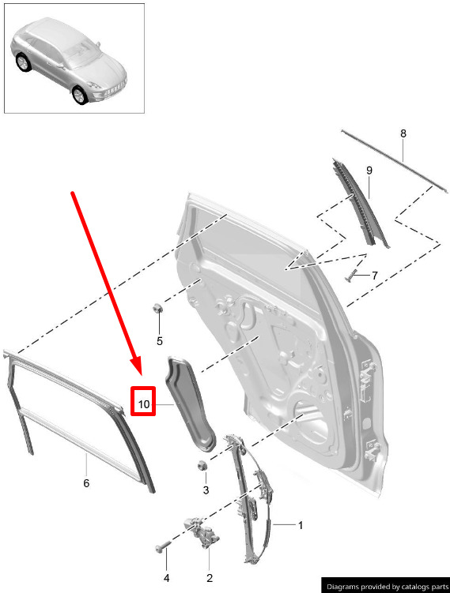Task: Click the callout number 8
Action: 403,133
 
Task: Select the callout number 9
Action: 369,171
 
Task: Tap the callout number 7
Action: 375,276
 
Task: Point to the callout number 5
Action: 160,341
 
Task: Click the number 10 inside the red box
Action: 144,404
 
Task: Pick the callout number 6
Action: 86,483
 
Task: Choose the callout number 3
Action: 206,490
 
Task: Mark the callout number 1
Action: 301,526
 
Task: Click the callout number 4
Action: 166,578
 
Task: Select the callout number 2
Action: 210,578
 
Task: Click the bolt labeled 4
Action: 162,548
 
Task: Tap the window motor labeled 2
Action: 201,532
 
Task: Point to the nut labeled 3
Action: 202,466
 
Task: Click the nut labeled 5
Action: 157,308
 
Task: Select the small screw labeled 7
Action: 351,276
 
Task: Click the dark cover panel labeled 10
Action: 189,404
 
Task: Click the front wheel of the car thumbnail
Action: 80,95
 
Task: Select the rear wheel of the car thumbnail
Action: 23,62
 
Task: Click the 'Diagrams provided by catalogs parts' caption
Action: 386,587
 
